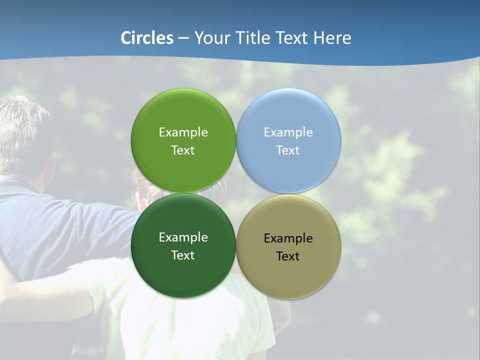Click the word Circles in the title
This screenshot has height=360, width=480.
(147, 38)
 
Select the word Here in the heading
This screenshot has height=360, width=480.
(332, 38)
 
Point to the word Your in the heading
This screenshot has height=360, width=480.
(211, 38)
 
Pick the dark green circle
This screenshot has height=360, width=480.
(183, 275)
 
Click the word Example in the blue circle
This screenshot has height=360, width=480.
(288, 132)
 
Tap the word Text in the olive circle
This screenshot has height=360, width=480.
(288, 256)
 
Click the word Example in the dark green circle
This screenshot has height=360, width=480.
(183, 237)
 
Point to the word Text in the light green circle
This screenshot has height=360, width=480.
(183, 150)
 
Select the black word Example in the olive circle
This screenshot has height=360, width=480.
(288, 238)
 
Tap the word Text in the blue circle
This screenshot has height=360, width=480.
(288, 150)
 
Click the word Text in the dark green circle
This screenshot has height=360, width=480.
(183, 255)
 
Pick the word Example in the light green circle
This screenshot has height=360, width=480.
(183, 132)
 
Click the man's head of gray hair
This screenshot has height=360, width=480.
(22, 130)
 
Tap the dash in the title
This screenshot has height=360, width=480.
(183, 38)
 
